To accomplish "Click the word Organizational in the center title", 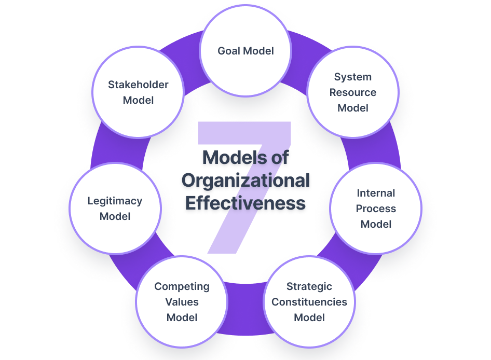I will pyautogui.click(x=245, y=180).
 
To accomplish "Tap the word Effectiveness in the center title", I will pyautogui.click(x=245, y=203).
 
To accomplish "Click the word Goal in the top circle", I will pyautogui.click(x=229, y=51).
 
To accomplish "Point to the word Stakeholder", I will pyautogui.click(x=138, y=85).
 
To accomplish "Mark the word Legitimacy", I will pyautogui.click(x=115, y=201).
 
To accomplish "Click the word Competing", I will pyautogui.click(x=182, y=286).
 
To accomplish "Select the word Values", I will pyautogui.click(x=182, y=302).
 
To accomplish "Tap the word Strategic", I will pyautogui.click(x=309, y=286).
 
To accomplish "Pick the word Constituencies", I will pyautogui.click(x=309, y=302).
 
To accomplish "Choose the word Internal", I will pyautogui.click(x=376, y=193).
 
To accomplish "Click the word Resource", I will pyautogui.click(x=353, y=92).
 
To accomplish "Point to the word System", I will pyautogui.click(x=353, y=77).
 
